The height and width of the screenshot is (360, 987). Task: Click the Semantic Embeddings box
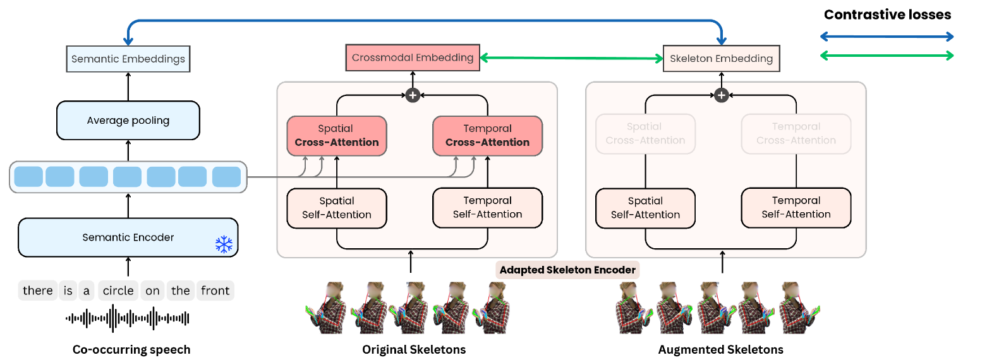(128, 59)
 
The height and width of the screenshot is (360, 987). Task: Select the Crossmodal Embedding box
(413, 57)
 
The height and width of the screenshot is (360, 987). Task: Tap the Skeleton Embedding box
(721, 59)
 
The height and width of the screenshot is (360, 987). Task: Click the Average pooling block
(128, 121)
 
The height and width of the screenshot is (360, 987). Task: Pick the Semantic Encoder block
(128, 237)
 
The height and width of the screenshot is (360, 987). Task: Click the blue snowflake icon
(224, 244)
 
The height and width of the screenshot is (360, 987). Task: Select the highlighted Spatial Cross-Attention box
(336, 135)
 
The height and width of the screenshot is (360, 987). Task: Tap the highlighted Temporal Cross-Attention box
(487, 135)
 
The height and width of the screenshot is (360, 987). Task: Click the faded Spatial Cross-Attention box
(645, 133)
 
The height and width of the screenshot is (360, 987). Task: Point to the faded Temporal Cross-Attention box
(796, 133)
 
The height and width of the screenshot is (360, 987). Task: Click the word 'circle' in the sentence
(118, 291)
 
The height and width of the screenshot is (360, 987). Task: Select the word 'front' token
(215, 291)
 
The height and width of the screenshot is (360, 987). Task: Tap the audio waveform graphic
(128, 318)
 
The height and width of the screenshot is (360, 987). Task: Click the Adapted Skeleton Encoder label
(567, 270)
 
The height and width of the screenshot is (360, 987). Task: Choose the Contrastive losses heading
(887, 15)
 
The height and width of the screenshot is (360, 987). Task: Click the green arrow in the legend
(887, 56)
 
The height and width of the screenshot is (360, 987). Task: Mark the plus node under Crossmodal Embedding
(413, 95)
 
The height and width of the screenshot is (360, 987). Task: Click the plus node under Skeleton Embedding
(721, 95)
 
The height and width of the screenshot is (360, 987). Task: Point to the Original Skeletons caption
(414, 349)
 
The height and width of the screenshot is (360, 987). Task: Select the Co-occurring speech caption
(131, 349)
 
